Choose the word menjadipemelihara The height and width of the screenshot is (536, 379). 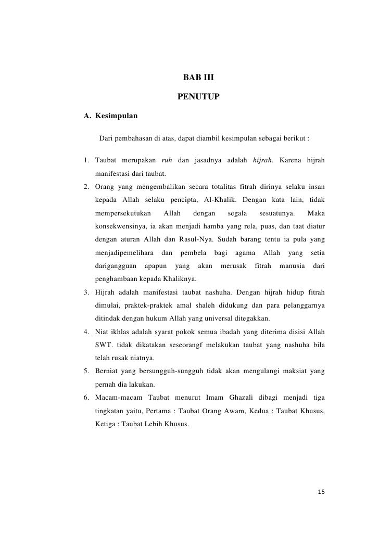coord(124,254)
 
